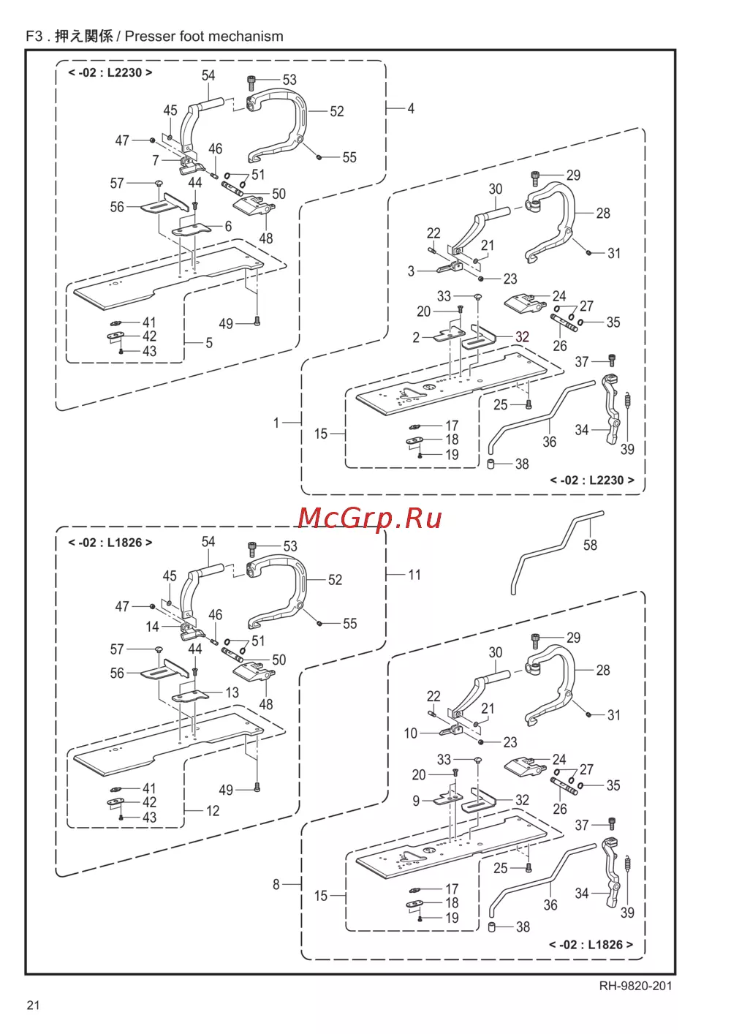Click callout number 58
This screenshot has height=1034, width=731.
point(590,546)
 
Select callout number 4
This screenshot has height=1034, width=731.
point(411,108)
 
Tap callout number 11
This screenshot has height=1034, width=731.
point(414,575)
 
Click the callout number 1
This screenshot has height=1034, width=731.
point(276,423)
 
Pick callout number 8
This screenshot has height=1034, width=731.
point(276,885)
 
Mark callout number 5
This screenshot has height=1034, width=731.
point(209,342)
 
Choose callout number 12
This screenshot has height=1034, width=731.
point(213,810)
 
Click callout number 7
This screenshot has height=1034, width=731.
point(156,160)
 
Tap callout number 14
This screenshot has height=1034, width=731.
point(152,627)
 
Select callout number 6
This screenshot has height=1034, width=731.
point(228,227)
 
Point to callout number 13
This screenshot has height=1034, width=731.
point(232,693)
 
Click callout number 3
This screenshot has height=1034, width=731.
point(411,271)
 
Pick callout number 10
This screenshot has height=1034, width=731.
point(411,733)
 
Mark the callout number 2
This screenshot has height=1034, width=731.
point(416,337)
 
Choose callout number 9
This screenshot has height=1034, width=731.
point(416,801)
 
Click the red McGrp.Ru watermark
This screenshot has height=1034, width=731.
point(370,517)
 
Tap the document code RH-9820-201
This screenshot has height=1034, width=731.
point(635,986)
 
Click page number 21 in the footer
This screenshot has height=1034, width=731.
point(34,1005)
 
